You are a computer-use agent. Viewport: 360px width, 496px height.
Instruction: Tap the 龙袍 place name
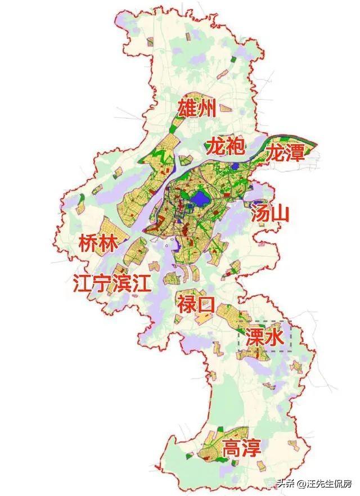(x=225, y=147)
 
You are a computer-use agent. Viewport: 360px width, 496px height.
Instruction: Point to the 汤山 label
(x=270, y=213)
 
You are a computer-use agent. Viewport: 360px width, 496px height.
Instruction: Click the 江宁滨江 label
(x=112, y=284)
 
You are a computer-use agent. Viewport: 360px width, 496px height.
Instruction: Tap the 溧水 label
(x=264, y=337)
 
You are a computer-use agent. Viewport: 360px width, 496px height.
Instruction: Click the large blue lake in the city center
(x=198, y=200)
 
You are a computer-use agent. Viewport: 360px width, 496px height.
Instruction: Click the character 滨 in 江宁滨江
(x=122, y=284)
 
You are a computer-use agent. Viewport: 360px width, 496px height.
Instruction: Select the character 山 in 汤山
(x=280, y=213)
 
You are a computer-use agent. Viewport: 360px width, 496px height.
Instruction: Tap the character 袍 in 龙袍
(x=235, y=147)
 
